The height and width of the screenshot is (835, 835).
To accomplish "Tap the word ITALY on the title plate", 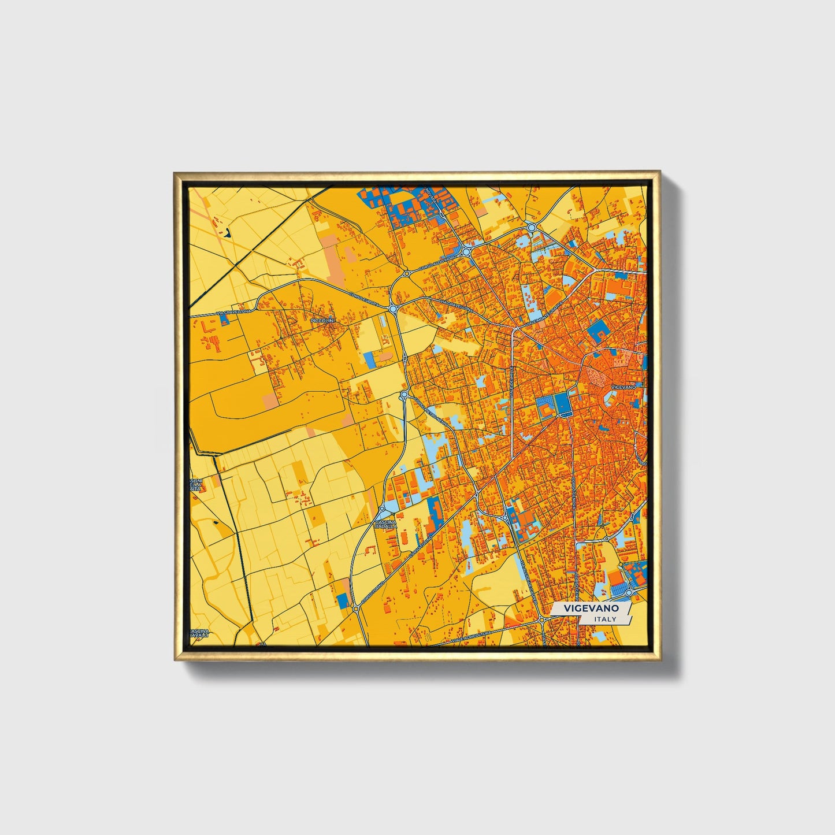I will pyautogui.click(x=605, y=619).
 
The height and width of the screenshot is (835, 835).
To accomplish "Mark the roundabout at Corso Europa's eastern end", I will pyautogui.click(x=393, y=309).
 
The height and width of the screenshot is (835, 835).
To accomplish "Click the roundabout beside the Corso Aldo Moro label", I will pyautogui.click(x=466, y=253).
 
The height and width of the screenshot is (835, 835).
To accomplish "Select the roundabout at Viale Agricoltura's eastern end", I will pyautogui.click(x=542, y=620).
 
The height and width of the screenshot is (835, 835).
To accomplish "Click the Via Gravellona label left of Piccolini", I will pyautogui.click(x=231, y=313).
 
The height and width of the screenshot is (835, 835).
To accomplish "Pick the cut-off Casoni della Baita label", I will pyautogui.click(x=196, y=484).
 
